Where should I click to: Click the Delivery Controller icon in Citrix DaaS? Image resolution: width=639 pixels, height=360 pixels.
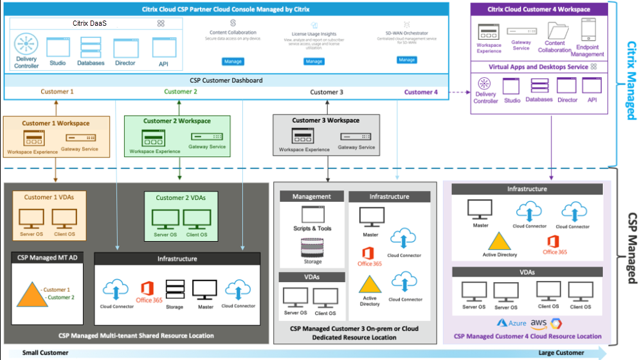pos(26,46)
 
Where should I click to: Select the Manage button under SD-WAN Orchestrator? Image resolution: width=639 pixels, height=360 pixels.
pos(407,60)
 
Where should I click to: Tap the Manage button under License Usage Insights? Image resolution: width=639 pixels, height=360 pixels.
pos(314,61)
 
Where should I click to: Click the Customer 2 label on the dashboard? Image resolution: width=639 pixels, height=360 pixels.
pos(181,91)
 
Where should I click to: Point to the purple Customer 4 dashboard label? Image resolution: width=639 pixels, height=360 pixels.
pos(421,92)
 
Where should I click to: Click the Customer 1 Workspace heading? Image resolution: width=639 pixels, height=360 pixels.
pos(56,123)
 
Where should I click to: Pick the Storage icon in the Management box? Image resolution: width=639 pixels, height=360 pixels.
pos(312,248)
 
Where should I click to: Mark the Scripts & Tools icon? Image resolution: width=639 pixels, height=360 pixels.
pos(312,215)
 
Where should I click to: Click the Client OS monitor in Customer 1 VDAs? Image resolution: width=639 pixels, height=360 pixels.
pos(64,219)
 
